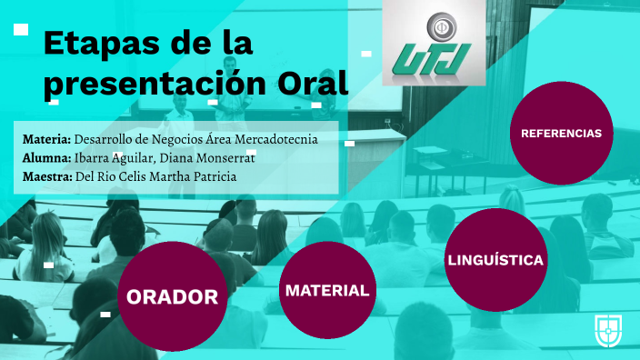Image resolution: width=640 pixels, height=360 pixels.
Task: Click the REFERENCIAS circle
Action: pyautogui.click(x=561, y=133)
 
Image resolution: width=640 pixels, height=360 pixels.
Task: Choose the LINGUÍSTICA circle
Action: pyautogui.click(x=495, y=261)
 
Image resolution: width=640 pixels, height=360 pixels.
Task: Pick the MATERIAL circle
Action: pyautogui.click(x=327, y=291)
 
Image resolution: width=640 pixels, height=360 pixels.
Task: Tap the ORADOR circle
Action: pyautogui.click(x=172, y=296)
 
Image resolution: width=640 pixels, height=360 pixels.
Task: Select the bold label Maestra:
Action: pyautogui.click(x=47, y=176)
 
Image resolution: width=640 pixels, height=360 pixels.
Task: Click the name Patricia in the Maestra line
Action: pyautogui.click(x=214, y=176)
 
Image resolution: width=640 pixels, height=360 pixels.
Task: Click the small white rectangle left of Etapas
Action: pyautogui.click(x=21, y=30)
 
